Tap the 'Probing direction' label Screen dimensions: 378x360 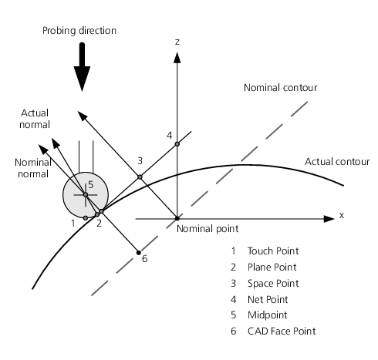coord(79,31)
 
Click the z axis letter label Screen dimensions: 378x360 coord(177,42)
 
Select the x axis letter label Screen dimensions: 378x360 coord(342,215)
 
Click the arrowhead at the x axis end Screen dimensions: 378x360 coord(329,219)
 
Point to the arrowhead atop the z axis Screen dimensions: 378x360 coord(177,58)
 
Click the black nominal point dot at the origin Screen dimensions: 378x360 coord(177,218)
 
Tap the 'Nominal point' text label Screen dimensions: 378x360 coord(208,229)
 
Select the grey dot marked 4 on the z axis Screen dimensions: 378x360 coord(177,144)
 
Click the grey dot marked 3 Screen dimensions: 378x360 coord(140,177)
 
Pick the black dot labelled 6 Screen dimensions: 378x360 coord(139,253)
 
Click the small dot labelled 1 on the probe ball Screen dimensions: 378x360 coord(86,218)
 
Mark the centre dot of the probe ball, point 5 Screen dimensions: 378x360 coord(86,195)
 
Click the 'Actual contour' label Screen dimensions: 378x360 coord(337,162)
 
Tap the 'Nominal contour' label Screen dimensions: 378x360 coord(281,88)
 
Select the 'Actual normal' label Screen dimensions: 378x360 coord(35,119)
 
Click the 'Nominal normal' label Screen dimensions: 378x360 coord(33,168)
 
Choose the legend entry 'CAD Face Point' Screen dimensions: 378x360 coord(282,331)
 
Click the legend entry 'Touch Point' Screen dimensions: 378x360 coord(273,251)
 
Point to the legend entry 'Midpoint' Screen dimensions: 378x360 coord(268,315)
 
